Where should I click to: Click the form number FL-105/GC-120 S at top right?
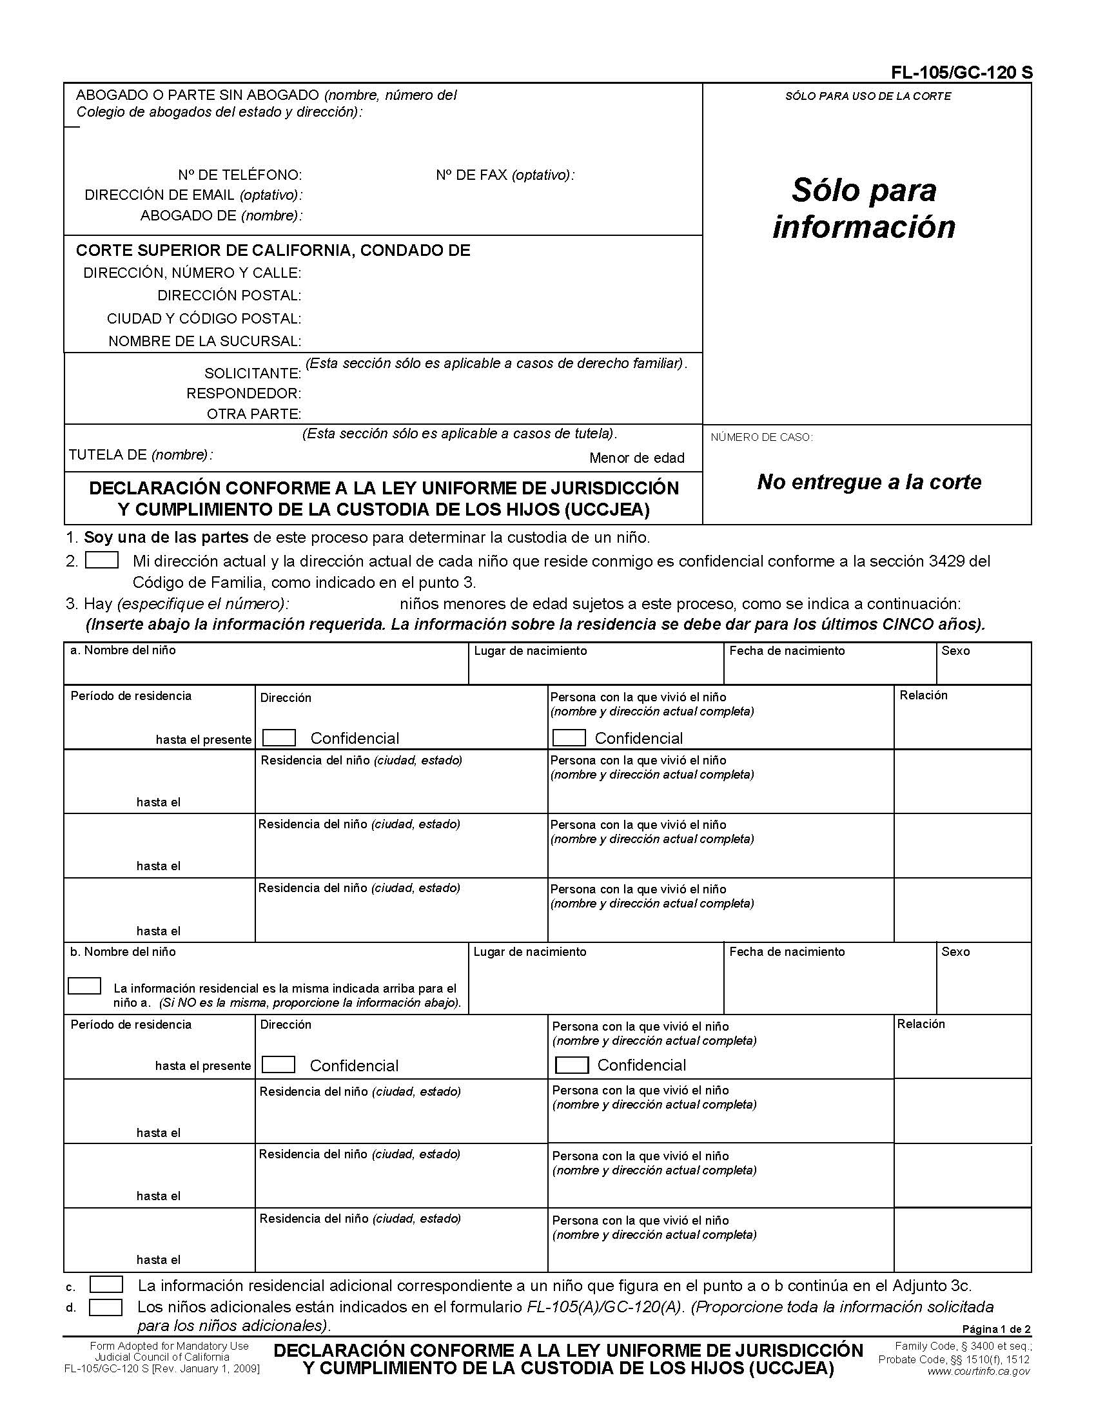962,73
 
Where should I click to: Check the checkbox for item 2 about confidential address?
102,560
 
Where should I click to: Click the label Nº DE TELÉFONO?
240,175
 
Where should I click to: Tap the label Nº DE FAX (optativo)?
505,175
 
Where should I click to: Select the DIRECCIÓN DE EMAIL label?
193,195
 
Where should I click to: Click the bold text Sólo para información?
863,208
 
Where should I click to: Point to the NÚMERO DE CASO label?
761,437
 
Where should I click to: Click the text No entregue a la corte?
868,481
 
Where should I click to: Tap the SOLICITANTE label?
252,373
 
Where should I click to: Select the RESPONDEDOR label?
244,393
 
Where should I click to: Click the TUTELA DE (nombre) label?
141,454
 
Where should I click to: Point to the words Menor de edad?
636,458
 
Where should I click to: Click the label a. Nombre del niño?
122,650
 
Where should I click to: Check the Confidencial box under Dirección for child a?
279,737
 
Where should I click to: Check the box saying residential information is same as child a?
84,986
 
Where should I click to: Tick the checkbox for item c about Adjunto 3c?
106,1284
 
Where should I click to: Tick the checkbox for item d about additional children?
105,1306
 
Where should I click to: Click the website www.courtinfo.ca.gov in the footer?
978,1371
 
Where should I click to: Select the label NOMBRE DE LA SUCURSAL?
204,341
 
